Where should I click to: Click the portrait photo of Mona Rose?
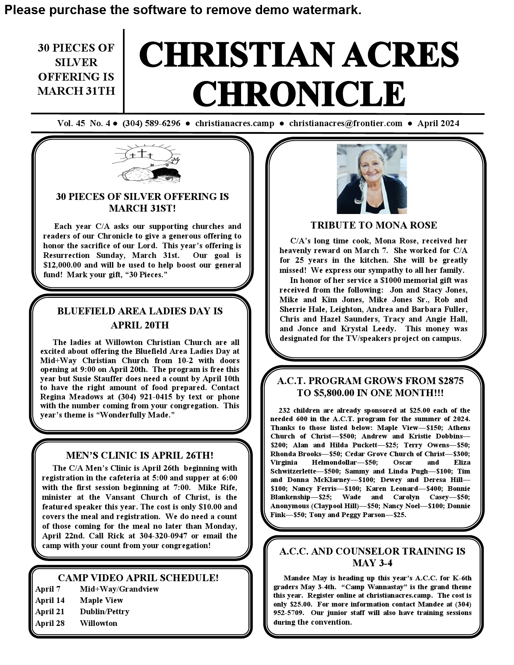[372, 179]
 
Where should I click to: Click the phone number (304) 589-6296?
[151, 123]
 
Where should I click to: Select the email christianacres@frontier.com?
[345, 123]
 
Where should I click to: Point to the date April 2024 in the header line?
[438, 123]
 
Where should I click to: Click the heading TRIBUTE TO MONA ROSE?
[374, 225]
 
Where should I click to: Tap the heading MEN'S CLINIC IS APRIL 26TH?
[139, 455]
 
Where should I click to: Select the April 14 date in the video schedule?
[50, 600]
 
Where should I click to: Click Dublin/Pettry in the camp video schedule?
[104, 611]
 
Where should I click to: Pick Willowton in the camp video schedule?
[98, 623]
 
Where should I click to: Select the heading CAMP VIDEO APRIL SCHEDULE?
[138, 578]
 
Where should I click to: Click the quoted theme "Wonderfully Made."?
[135, 415]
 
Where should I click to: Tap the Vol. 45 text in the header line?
[71, 123]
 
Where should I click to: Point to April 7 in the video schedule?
[48, 589]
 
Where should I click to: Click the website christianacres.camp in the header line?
[235, 123]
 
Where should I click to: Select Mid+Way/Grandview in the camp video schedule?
[119, 589]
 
